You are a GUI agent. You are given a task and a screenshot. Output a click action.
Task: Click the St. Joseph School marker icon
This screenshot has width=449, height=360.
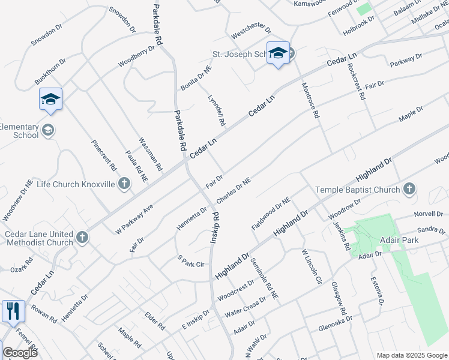278,53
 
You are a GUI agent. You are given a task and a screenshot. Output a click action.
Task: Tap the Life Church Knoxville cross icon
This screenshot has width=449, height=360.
124,184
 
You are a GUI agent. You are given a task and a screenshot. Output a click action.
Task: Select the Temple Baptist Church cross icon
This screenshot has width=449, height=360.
409,190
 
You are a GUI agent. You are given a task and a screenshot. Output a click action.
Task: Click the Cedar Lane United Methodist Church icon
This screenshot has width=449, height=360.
82,238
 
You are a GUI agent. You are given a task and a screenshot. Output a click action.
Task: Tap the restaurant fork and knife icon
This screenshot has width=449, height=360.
13,311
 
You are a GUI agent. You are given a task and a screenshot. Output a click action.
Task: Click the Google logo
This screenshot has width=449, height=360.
20,353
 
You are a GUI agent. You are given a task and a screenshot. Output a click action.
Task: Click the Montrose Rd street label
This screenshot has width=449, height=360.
309,100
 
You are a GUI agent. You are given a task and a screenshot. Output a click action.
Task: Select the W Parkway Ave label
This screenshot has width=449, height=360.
135,218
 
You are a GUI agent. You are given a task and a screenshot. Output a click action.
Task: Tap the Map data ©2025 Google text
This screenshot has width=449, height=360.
412,355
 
